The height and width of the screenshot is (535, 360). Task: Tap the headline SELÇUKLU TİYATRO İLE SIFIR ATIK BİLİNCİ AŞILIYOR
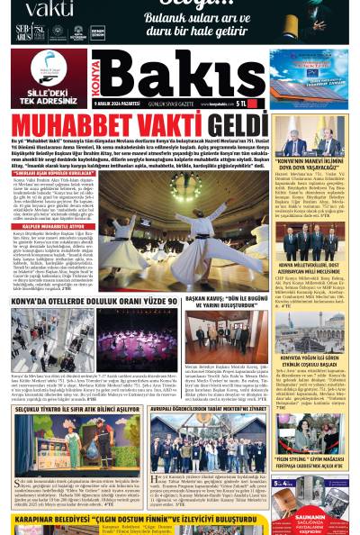coord(77,409)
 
